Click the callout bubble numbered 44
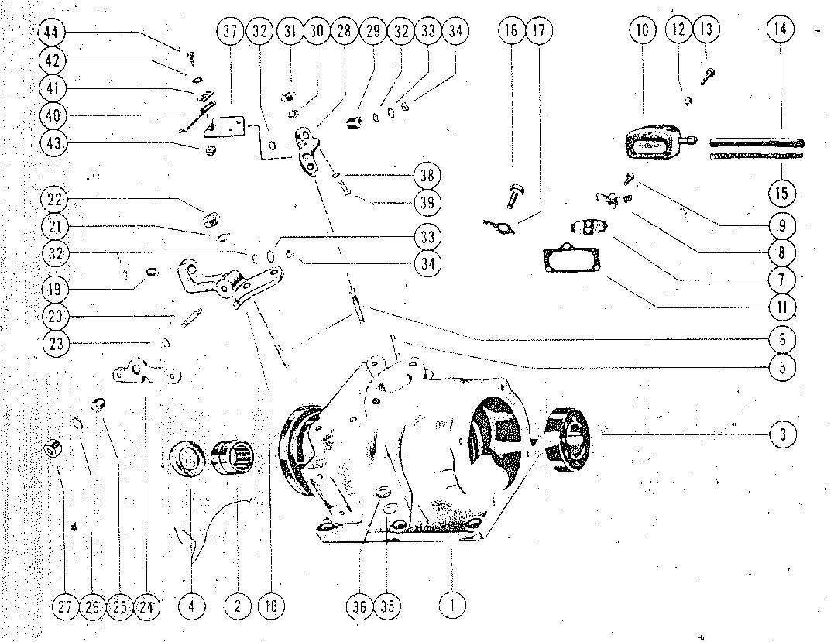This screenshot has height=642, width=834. tap(53, 33)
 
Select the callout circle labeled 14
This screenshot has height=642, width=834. tap(781, 29)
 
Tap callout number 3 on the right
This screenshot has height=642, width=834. tap(783, 434)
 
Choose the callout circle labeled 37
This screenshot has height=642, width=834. tap(228, 33)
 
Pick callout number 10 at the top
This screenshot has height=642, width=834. tap(642, 31)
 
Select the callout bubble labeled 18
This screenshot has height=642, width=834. tap(271, 606)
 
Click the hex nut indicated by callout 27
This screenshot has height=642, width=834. tap(55, 448)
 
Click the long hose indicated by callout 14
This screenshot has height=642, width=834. tap(757, 142)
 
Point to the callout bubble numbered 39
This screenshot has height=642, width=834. tap(426, 203)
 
